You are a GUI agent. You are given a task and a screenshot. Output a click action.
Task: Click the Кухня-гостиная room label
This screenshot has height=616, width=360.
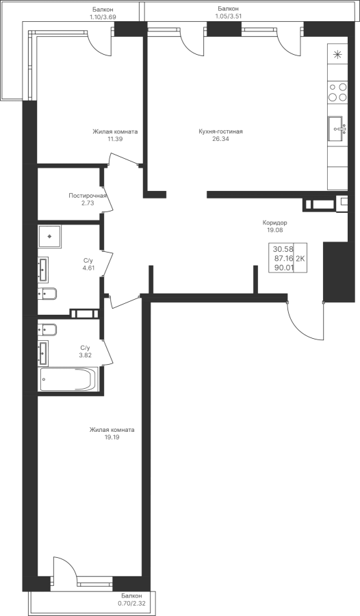[x=220, y=131]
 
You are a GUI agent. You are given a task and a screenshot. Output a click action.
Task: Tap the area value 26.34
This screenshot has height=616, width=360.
[x=220, y=139]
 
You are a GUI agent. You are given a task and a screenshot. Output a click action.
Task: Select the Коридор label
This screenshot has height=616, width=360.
[x=274, y=222]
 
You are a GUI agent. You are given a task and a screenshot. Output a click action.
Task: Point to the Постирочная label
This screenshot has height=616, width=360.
[x=88, y=196]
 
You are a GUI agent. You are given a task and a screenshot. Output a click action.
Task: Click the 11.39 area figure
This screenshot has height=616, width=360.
[x=115, y=139]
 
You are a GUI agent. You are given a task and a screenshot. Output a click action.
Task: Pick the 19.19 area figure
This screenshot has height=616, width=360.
[x=112, y=437]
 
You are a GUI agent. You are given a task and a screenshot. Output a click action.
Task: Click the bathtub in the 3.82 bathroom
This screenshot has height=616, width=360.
[x=68, y=379]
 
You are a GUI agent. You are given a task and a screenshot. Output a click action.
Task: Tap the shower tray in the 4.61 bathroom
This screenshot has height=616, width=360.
[x=50, y=237]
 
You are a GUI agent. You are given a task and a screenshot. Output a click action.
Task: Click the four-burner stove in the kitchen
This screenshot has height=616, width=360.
[x=338, y=92]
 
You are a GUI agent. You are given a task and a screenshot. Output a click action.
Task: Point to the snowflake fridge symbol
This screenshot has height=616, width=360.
[x=338, y=55]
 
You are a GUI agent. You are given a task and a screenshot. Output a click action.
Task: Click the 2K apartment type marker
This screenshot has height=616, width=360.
[x=300, y=258]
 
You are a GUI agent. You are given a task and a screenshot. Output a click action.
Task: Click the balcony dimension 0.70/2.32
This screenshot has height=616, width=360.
[x=131, y=602]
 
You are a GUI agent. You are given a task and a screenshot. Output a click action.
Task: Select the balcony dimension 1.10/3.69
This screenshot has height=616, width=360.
[x=103, y=17]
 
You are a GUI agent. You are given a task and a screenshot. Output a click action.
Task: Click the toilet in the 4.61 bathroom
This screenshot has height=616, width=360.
[x=47, y=294]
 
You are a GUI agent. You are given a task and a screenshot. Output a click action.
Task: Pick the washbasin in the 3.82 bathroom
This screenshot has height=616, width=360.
[x=43, y=352]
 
